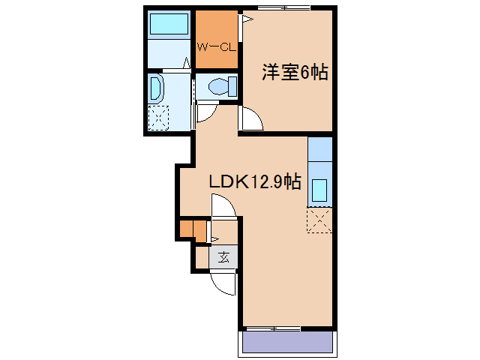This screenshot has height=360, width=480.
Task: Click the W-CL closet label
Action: coord(217,46)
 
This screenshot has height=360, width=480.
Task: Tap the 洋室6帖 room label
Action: coord(295,73)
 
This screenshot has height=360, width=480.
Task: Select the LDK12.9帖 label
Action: coord(255,181)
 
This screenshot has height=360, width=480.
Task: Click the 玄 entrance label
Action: coord(223,257)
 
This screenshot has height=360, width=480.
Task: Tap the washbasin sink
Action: coord(155,88)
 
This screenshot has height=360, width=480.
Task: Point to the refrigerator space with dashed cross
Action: coord(319,220)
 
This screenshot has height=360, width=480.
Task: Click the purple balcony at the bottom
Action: coord(287,343)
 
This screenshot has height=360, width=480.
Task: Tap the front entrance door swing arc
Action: coord(222,283)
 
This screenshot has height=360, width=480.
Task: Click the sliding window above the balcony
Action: coord(274,328)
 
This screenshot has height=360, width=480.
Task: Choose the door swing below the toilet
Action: coord(207,113)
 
